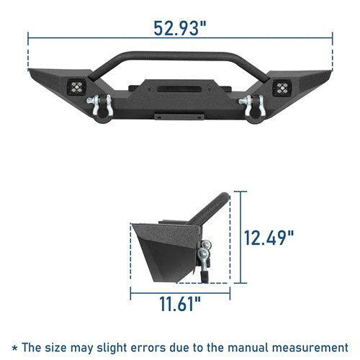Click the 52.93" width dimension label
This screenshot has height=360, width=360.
(x=180, y=28)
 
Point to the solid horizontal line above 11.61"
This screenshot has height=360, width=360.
(x=179, y=294)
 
